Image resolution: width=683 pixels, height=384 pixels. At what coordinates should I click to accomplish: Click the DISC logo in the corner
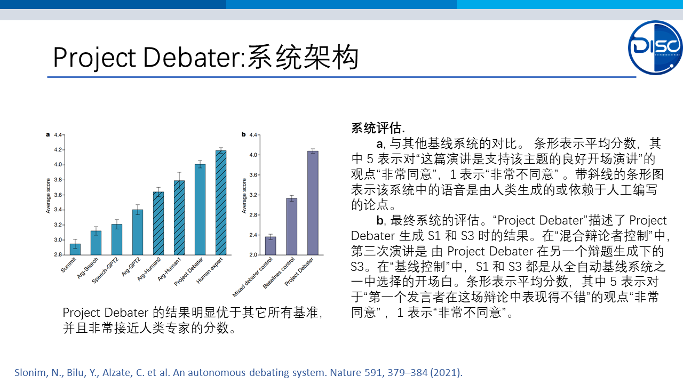655,47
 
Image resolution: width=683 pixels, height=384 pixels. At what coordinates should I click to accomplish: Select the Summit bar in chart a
75,249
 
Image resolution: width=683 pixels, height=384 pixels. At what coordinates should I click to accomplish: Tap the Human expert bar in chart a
221,203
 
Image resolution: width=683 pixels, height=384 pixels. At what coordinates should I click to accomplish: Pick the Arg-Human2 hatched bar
158,223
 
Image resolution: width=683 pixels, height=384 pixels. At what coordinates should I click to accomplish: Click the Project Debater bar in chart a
200,210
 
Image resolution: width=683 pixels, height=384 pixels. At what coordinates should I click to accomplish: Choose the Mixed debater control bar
271,246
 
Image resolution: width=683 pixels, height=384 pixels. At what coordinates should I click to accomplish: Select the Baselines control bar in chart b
292,227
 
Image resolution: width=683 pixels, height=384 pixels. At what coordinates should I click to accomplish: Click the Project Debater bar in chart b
313,203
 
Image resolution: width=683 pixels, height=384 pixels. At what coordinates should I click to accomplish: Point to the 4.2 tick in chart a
58,150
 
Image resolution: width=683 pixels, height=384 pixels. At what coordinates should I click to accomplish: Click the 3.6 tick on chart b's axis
253,175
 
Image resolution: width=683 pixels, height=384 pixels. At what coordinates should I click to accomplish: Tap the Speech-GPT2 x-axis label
105,270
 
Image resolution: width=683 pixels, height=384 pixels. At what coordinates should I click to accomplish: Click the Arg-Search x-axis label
88,268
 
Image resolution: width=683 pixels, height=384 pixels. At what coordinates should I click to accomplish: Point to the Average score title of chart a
48,196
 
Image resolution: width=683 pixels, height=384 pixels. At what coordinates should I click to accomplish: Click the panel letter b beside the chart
244,134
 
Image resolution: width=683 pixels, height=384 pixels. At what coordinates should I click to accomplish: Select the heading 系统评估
378,128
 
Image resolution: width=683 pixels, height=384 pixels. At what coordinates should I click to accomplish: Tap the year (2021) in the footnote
447,372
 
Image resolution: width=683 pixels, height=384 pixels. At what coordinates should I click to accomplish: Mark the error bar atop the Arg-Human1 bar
179,180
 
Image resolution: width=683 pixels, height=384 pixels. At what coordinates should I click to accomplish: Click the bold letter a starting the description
379,143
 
